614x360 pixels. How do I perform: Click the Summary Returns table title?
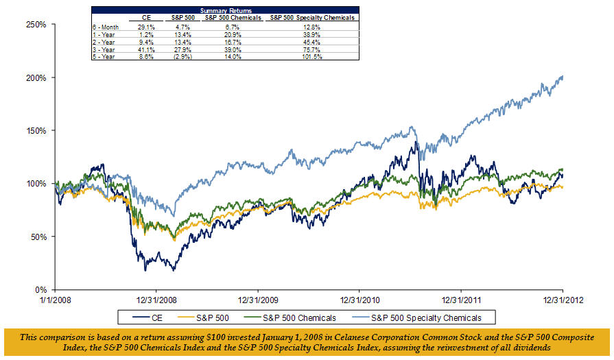pos(224,10)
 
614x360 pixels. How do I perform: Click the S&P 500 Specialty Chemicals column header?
pos(312,17)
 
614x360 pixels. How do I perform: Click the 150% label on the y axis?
pos(36,130)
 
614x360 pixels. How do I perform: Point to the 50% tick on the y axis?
pos(38,237)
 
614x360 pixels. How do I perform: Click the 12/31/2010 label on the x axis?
pos(359,300)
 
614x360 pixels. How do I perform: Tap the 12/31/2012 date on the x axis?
pos(563,300)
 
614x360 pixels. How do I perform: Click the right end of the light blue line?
pos(563,76)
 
